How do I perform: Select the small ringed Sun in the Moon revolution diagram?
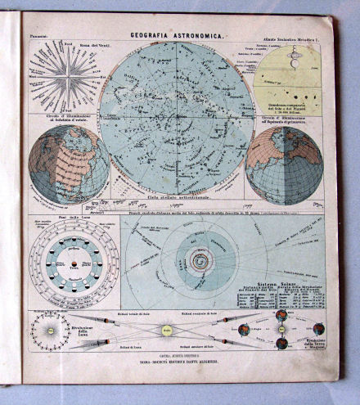51,331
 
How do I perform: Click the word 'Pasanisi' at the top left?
41,36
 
